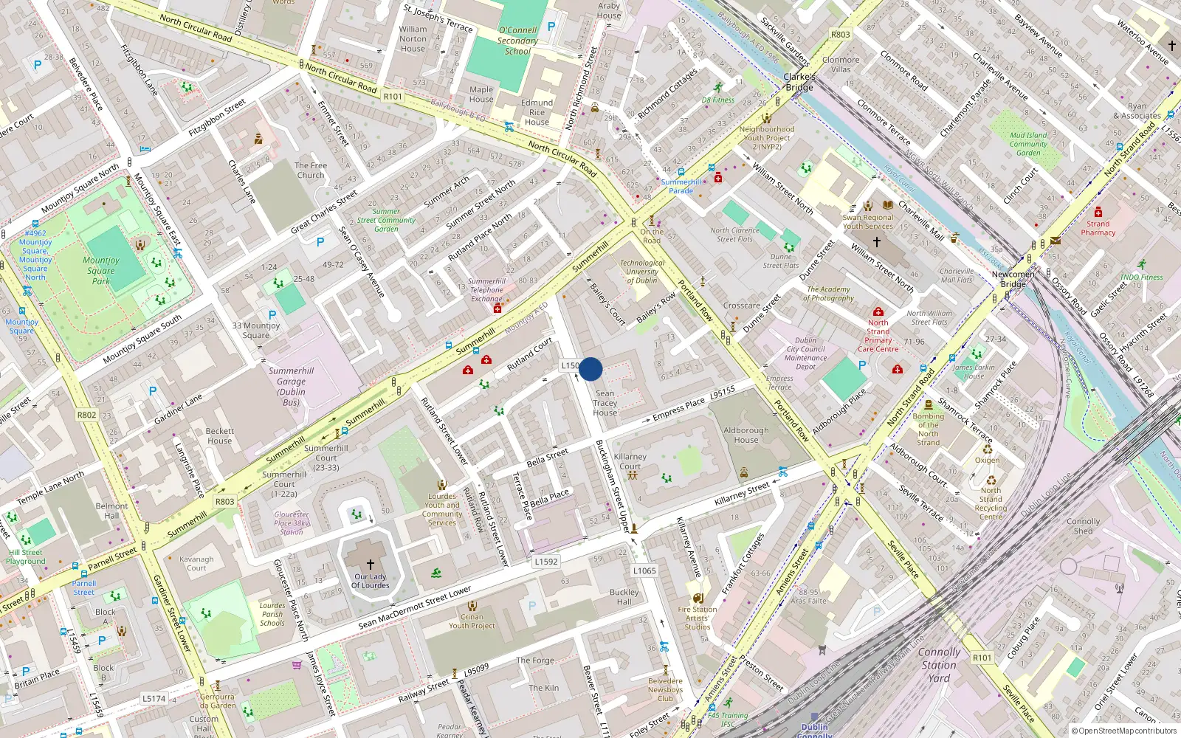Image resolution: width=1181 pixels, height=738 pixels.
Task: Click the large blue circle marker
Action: pos(590,369)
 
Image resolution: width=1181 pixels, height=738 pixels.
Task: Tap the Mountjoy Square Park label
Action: pos(101,270)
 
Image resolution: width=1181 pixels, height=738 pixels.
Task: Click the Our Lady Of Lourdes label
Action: pos(370,581)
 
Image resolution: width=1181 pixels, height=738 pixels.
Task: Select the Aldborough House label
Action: pos(746,435)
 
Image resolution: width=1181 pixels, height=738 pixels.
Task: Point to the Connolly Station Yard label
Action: pos(939,665)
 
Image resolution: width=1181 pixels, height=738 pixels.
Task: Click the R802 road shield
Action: pos(86,415)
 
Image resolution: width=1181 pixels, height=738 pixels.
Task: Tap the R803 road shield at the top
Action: pos(840,34)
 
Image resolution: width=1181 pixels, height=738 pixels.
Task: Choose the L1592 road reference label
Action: pos(545,562)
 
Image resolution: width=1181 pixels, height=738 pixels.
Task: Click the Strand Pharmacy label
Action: pos(1098,228)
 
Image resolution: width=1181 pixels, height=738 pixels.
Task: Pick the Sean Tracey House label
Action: pos(605,403)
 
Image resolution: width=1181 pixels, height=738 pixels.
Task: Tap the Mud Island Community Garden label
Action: pos(1028,144)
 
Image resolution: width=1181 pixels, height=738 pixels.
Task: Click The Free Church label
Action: pos(310,170)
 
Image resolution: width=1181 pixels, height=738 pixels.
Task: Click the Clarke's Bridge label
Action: pos(799,82)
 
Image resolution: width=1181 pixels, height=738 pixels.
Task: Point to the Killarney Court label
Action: pos(630,461)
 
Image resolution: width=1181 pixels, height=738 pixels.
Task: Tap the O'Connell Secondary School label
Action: pos(517,41)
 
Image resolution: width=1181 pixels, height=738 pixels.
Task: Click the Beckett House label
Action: pos(219,435)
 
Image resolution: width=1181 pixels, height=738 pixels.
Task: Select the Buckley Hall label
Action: pos(624,597)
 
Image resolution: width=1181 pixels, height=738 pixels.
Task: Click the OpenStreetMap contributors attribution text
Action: pos(1124,731)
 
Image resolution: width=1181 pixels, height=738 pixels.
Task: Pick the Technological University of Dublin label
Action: pos(641,272)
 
